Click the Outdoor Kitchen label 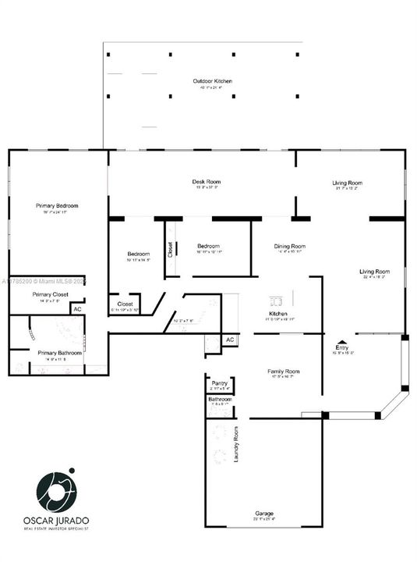click(213, 81)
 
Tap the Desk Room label click(206, 182)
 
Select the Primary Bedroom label click(58, 206)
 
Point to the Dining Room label click(289, 247)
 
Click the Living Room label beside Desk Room click(347, 183)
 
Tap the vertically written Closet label click(171, 250)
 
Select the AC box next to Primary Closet click(77, 310)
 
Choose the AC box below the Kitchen click(229, 340)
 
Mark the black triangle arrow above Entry click(341, 345)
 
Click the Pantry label click(219, 383)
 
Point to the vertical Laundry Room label click(235, 444)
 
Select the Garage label click(264, 514)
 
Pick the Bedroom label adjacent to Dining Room click(208, 247)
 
